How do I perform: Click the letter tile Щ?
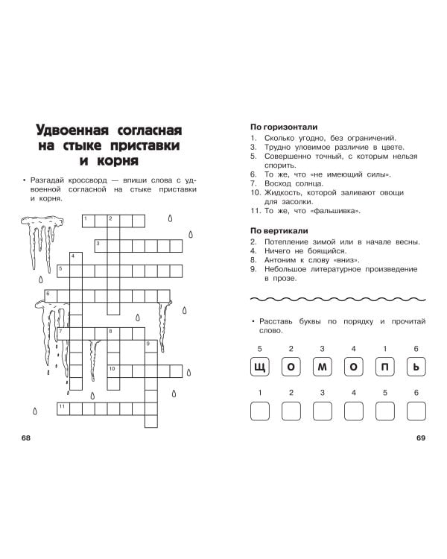(259, 367)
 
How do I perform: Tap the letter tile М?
(323, 367)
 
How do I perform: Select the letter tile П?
(385, 367)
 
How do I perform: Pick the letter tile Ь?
(416, 367)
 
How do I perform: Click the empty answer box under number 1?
(259, 411)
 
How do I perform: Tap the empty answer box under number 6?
(416, 411)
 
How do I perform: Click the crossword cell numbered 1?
(89, 221)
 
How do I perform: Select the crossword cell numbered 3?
(101, 246)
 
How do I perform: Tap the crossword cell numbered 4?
(76, 259)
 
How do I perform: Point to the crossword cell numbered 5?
(63, 271)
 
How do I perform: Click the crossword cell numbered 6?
(51, 296)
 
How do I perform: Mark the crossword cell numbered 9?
(151, 346)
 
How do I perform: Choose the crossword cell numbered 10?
(113, 371)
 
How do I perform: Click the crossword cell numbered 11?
(63, 409)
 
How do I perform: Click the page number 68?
(26, 438)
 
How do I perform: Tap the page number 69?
(421, 438)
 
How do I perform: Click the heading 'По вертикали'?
(279, 231)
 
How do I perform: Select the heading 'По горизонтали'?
(284, 127)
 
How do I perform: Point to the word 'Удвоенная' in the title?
(72, 130)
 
